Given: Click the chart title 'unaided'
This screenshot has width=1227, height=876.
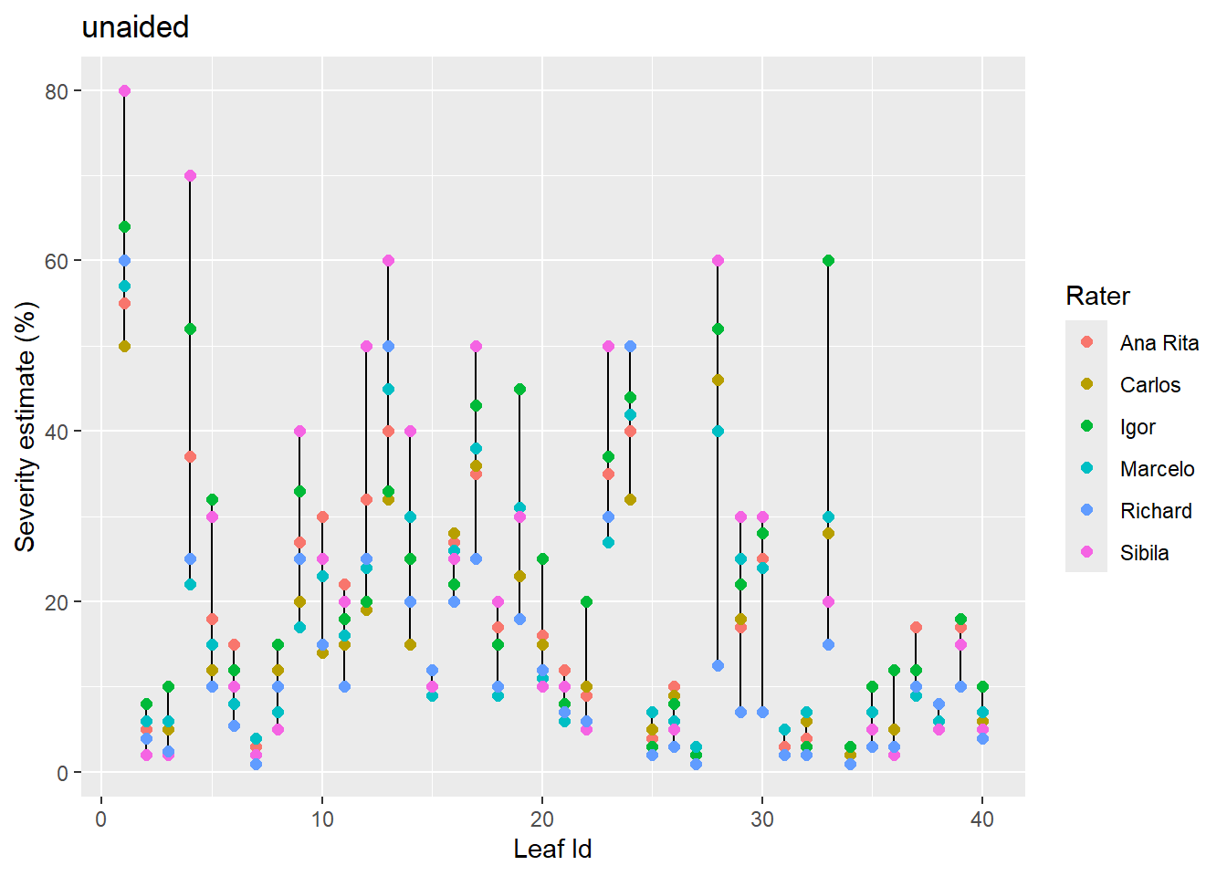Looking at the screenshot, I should point(135,27).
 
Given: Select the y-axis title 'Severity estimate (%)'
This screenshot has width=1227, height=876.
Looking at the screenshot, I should point(26,426).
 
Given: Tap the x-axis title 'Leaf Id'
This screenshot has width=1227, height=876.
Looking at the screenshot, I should point(552,849).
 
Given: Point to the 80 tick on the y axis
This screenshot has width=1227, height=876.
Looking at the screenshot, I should point(57,91).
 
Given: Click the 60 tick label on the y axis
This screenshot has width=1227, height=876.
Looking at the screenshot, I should point(57,261).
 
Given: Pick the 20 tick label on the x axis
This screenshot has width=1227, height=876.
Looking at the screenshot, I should point(541,819).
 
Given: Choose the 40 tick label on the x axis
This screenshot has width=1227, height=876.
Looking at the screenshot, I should point(982,819).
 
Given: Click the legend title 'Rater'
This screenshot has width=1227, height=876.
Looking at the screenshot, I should point(1097,296).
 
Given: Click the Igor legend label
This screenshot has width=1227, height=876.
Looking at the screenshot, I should point(1138,427).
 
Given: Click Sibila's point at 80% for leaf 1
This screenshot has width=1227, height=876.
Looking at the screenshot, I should point(124,91).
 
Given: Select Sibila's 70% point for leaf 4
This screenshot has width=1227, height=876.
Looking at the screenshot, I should point(190,176).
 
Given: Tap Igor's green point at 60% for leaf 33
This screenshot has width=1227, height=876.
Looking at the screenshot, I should point(828,261).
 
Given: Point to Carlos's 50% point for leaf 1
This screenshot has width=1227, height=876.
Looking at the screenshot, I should point(124,347).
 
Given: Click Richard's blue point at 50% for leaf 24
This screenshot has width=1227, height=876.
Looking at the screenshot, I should point(630,347).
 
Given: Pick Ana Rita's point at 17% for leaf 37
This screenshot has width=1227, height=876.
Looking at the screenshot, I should point(916,628).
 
